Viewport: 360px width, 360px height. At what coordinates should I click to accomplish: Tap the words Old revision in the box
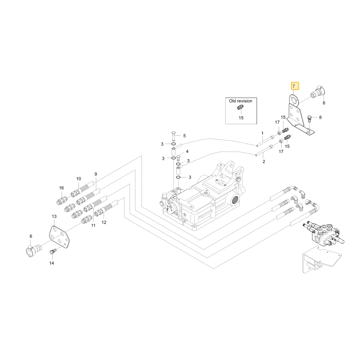click(x=240, y=101)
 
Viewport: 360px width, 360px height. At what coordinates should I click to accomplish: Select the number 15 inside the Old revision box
click(x=241, y=118)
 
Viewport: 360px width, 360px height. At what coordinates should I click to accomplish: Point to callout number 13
click(x=54, y=216)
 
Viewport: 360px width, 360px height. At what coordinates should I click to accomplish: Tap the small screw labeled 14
click(x=51, y=252)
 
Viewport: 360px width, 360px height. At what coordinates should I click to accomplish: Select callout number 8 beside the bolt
click(x=320, y=117)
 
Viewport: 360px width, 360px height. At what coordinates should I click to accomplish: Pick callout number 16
click(x=61, y=188)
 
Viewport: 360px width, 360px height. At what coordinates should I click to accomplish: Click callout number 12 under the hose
click(x=104, y=222)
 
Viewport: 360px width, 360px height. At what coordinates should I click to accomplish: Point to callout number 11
click(x=93, y=225)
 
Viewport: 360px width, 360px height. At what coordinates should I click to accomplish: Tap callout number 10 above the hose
click(x=78, y=179)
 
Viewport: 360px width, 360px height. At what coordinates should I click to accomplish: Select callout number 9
click(x=96, y=174)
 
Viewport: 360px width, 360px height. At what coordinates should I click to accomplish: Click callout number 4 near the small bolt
click(x=187, y=152)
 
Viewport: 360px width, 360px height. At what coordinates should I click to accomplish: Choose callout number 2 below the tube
click(x=264, y=162)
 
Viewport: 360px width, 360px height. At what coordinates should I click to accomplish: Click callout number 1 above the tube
click(x=262, y=133)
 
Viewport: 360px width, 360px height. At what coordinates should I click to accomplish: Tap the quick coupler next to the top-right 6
click(x=318, y=93)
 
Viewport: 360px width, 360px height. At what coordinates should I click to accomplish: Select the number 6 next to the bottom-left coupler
click(x=31, y=236)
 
